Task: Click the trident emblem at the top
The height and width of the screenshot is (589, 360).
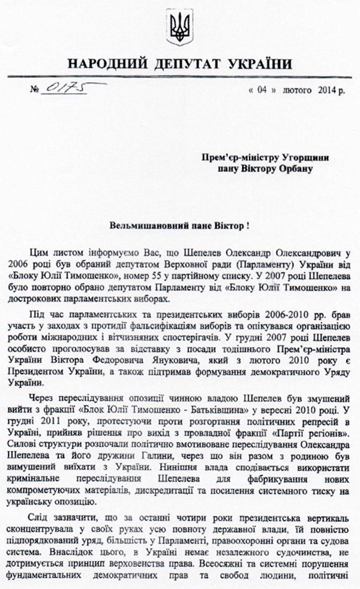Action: (179, 26)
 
